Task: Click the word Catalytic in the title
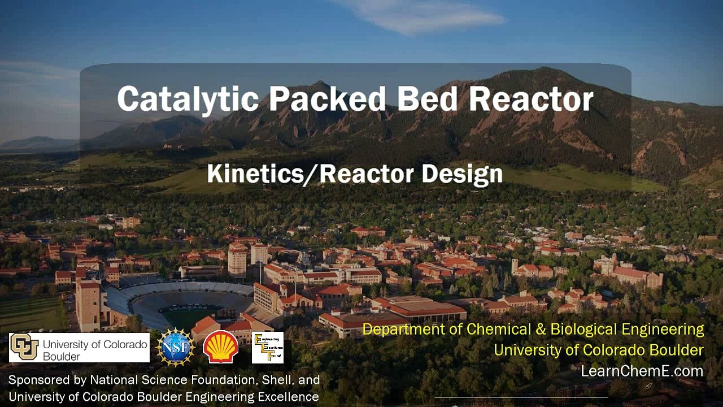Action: click(x=188, y=99)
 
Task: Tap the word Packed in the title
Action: click(x=327, y=98)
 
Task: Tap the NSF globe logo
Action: click(x=175, y=348)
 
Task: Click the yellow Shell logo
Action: click(x=221, y=347)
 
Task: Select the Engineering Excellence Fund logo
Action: click(x=268, y=348)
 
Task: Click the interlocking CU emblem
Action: click(x=24, y=347)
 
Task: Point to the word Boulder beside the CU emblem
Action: click(x=62, y=357)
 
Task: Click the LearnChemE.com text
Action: click(x=642, y=371)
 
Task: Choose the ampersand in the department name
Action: click(x=540, y=330)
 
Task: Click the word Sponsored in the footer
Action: click(x=47, y=380)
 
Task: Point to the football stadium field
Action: click(x=190, y=311)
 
